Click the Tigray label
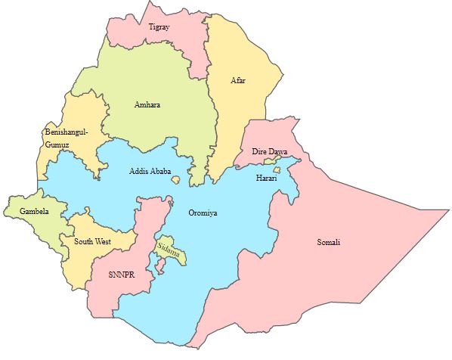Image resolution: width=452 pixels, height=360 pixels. (159, 26)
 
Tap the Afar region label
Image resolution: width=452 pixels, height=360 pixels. (238, 80)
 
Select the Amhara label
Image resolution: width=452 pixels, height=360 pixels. (147, 104)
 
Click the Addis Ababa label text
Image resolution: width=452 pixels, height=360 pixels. (150, 171)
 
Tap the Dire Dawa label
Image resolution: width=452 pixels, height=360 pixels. (269, 152)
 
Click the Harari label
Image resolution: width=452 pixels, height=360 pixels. (266, 178)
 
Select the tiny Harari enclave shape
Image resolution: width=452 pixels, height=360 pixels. (277, 170)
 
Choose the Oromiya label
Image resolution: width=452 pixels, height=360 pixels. (203, 213)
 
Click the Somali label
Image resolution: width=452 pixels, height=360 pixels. (328, 242)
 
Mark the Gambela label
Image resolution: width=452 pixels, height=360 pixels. (34, 212)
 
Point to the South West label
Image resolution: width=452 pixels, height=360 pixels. (92, 242)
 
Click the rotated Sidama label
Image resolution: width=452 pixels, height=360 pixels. (169, 250)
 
